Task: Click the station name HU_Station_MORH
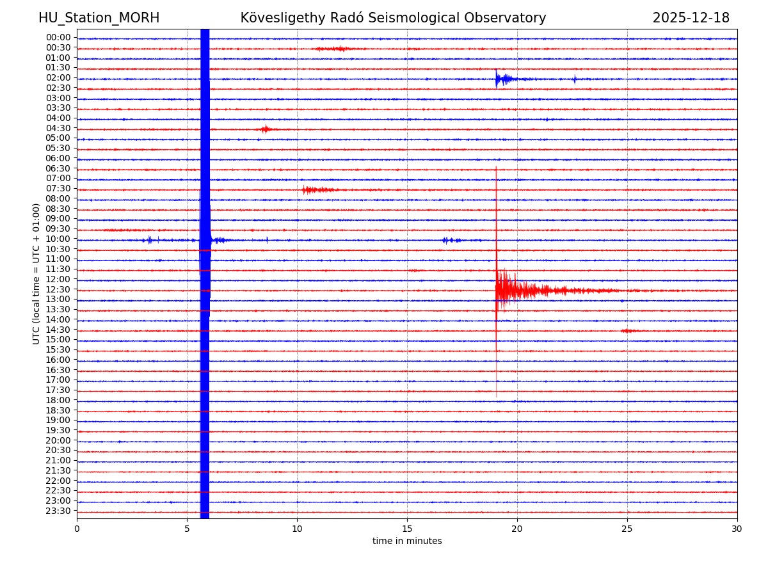(99, 18)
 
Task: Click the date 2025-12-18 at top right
(691, 18)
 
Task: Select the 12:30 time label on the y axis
(58, 289)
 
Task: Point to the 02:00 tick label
(58, 78)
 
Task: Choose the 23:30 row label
(58, 511)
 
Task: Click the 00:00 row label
(58, 38)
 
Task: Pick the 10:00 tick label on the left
(58, 239)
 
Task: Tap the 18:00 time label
(58, 400)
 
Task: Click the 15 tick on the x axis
(407, 529)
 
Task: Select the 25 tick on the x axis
(627, 529)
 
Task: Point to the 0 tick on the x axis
(77, 529)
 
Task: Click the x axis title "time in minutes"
(407, 541)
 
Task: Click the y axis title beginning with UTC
(36, 273)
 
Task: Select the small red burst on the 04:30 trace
(265, 129)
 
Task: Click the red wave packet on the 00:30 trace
(336, 49)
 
